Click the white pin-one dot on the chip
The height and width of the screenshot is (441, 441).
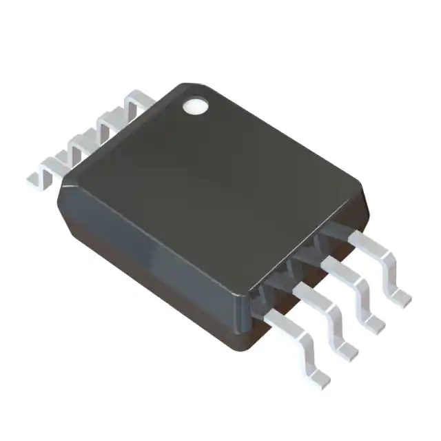195,105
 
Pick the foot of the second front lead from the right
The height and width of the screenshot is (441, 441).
372,322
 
